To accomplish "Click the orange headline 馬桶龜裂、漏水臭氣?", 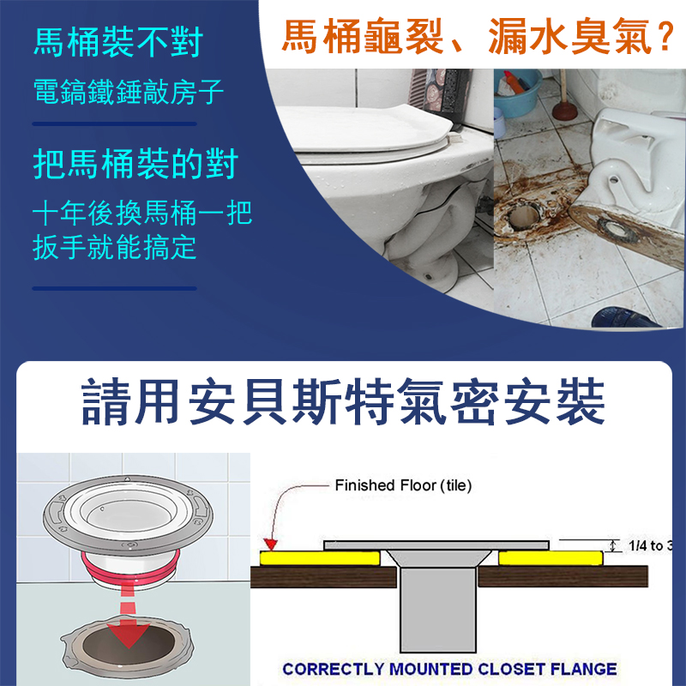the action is [478, 37].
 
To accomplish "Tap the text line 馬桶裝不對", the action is [118, 42].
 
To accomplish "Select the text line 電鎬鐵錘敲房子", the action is [129, 92].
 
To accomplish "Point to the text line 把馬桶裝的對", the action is [135, 164].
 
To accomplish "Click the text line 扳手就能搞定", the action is [115, 248].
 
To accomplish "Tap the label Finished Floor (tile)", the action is [403, 485].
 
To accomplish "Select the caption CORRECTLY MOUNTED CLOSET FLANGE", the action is [449, 669].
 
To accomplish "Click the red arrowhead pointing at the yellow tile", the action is [271, 545].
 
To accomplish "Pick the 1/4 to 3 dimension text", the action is [651, 545].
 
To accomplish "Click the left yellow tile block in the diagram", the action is [320, 558].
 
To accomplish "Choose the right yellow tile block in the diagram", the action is [551, 558].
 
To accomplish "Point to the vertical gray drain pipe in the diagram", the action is [438, 609].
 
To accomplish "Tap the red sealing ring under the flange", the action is [130, 567].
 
